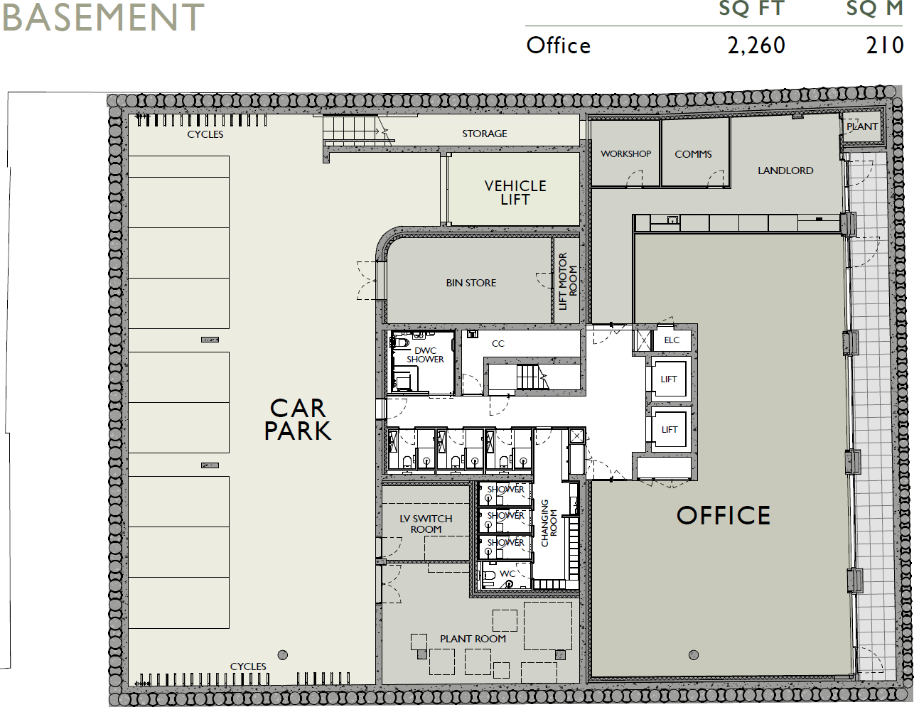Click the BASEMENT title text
tap(103, 17)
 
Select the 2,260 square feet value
tap(756, 45)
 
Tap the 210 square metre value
tap(884, 45)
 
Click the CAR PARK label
tap(298, 419)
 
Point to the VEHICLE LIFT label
tap(515, 193)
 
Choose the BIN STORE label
tap(471, 283)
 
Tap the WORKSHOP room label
tap(625, 153)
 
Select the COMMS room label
tap(693, 154)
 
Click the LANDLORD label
tap(785, 171)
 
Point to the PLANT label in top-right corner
tap(862, 126)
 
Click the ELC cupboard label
tap(672, 340)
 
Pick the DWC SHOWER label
tap(425, 355)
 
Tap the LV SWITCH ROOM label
tap(426, 524)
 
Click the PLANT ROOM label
tap(473, 639)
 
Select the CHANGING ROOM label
tap(549, 523)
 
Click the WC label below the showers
tap(507, 574)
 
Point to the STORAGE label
tap(485, 134)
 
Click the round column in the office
tap(694, 655)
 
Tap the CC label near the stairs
tap(498, 344)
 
